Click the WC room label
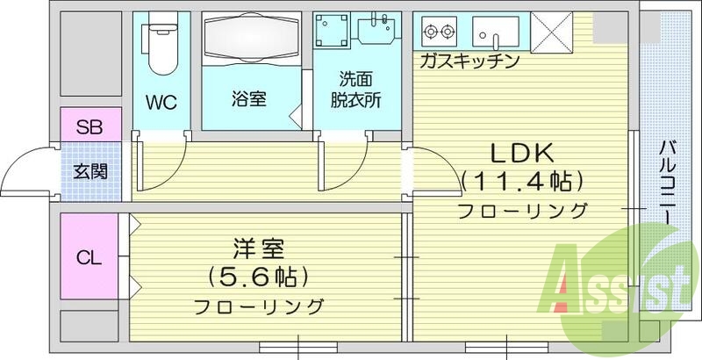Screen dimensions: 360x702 point(161,102)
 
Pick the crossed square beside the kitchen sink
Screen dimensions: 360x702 point(552,33)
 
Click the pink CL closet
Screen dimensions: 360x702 point(89,258)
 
